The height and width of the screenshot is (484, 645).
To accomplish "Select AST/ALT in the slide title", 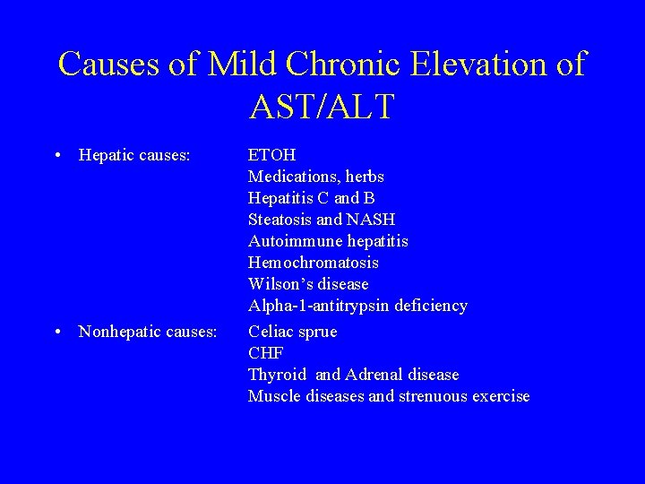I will click(322, 106).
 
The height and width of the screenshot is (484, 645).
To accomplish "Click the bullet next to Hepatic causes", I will click(57, 155).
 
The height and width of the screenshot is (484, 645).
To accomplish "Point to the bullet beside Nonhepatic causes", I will click(57, 332).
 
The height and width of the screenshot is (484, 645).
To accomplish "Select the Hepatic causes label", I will click(134, 155).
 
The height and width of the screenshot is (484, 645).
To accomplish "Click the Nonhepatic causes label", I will click(148, 332).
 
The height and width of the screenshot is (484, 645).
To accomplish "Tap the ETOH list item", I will click(271, 155).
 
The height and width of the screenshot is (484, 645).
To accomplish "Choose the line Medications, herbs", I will click(315, 177).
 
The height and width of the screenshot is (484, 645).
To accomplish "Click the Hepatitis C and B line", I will click(311, 198).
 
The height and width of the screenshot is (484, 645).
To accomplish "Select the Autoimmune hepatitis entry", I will click(328, 241).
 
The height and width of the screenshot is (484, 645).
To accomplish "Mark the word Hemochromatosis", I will click(313, 263).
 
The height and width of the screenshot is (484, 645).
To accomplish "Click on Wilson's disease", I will click(308, 284).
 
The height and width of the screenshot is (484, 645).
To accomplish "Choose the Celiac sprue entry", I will click(292, 332).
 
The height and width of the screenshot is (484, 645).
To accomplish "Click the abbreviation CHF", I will click(266, 353).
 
